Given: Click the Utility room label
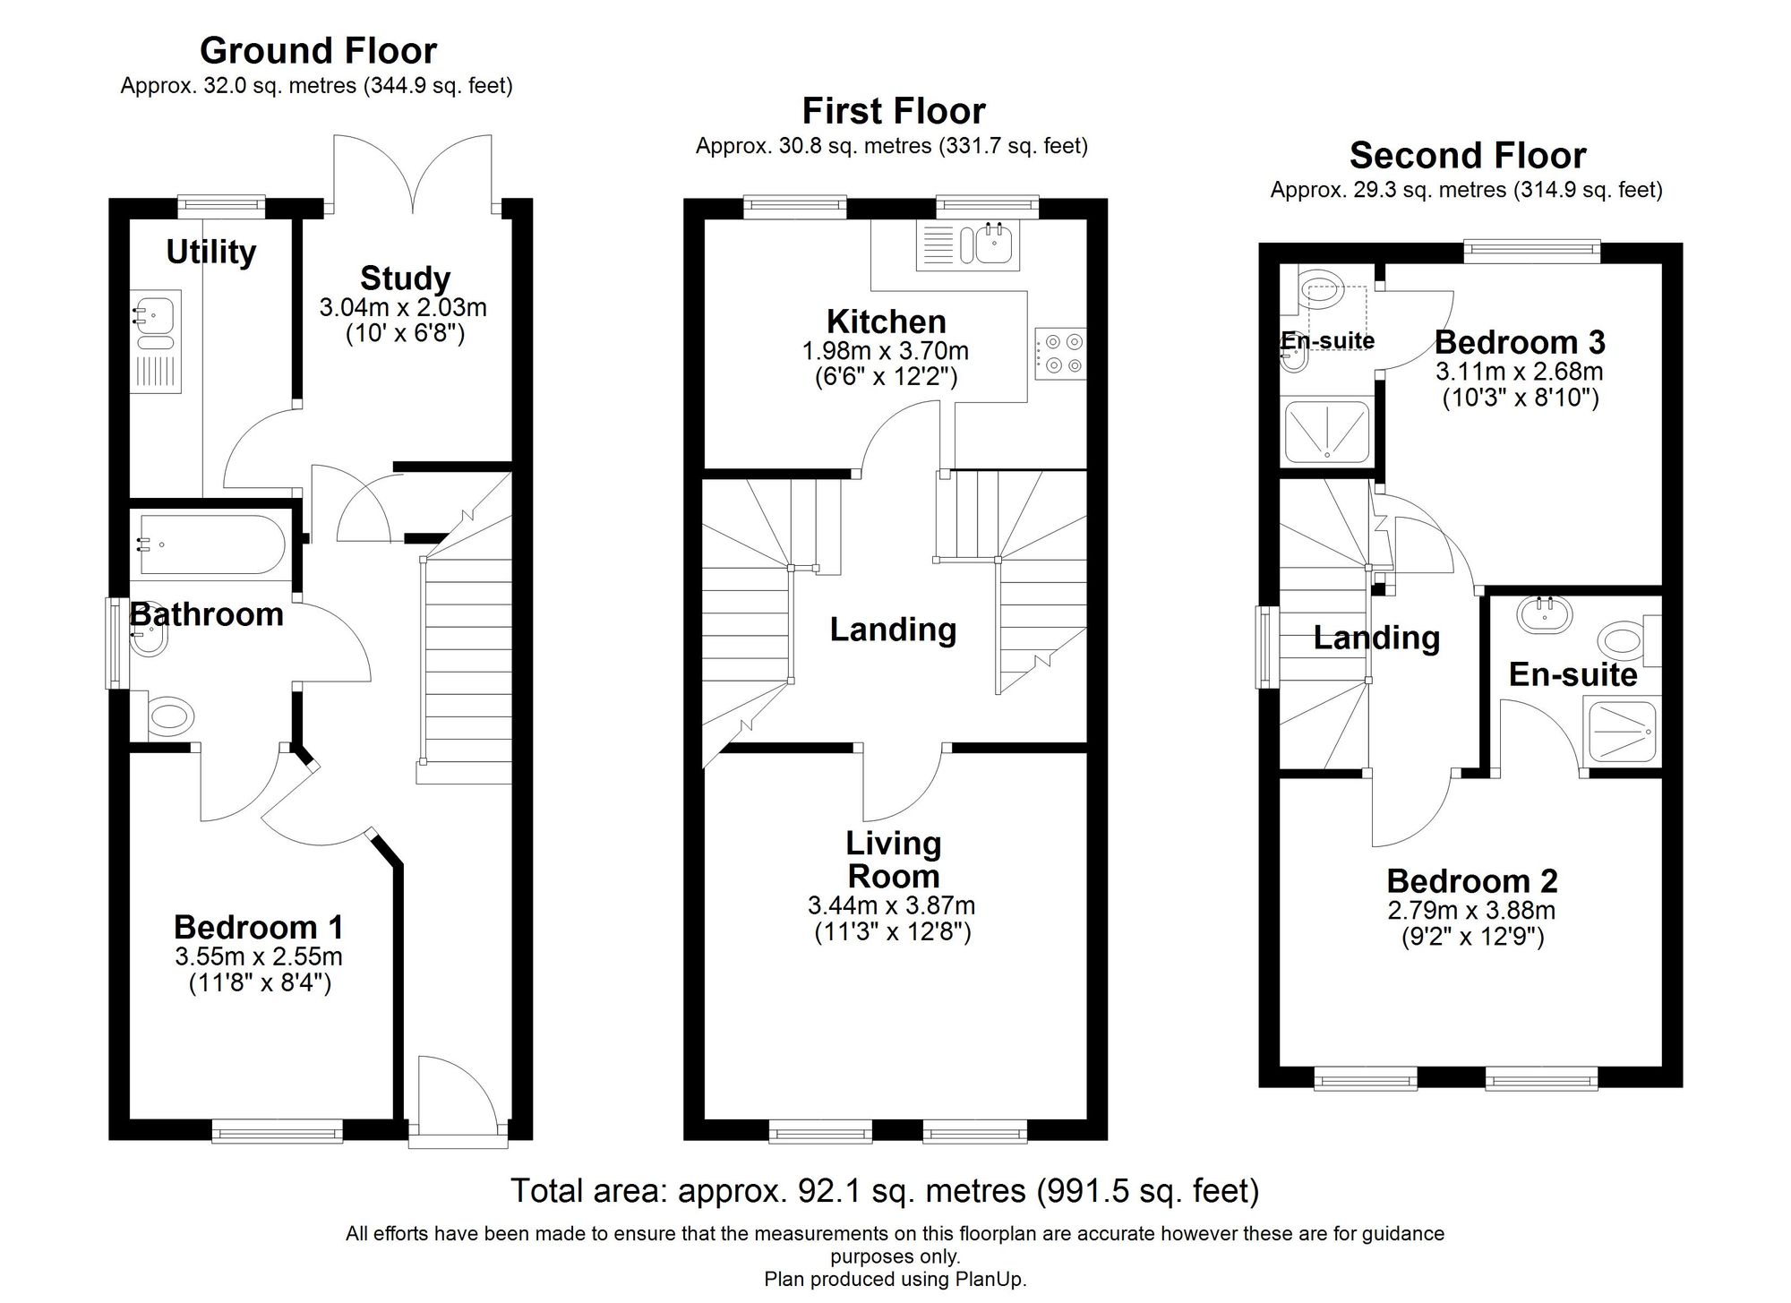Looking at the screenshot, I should point(211,252).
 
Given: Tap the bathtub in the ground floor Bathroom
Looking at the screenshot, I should point(211,544).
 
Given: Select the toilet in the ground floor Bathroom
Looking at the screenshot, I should point(170,716).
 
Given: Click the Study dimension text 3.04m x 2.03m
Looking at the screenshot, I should point(403,308).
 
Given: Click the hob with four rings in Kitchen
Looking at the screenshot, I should point(1061,354).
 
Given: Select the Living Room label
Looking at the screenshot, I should point(893,859).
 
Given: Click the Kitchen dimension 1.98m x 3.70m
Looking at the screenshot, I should point(886,351).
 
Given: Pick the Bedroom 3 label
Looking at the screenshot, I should point(1520,342).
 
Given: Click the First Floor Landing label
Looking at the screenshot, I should point(893,630).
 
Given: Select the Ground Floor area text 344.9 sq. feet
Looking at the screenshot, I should point(437,86).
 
